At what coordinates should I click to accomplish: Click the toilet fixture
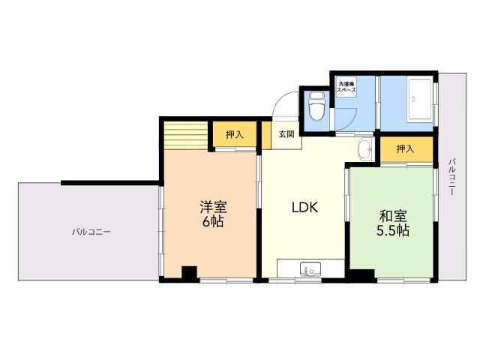point(316,106)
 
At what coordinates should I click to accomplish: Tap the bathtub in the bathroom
point(420,100)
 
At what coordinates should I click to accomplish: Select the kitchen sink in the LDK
point(310,269)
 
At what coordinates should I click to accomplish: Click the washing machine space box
point(346,87)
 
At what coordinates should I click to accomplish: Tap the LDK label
point(305,208)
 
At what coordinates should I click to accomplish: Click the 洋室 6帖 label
point(213,214)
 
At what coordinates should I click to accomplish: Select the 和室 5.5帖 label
point(393,223)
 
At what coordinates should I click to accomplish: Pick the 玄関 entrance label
point(286,134)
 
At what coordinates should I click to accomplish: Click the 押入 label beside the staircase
point(235,134)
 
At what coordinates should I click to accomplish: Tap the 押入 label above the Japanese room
point(405,149)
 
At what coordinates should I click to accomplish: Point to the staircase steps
point(186,135)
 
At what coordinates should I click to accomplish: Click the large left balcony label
point(91,232)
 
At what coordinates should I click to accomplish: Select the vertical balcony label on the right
point(451,177)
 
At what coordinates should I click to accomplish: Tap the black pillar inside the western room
point(189,272)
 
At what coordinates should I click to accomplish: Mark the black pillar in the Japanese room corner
point(362,275)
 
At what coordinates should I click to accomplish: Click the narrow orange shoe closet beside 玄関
point(266,135)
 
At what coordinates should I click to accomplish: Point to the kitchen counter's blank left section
point(288,268)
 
